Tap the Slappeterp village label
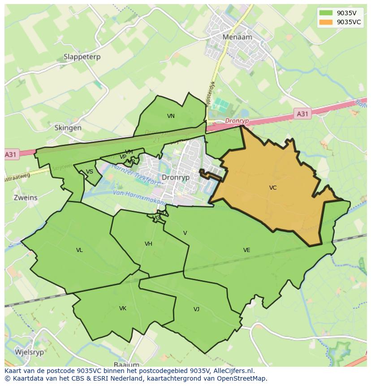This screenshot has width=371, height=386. [x=82, y=57]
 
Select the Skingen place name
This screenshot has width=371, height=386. [x=68, y=128]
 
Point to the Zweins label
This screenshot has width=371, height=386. [x=26, y=197]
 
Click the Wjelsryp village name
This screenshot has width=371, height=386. [x=30, y=352]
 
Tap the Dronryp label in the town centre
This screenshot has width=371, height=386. [x=176, y=177]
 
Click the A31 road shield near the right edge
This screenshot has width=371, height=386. [x=302, y=114]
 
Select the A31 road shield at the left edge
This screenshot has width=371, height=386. [x=11, y=155]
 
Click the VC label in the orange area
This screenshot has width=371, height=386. [x=273, y=188]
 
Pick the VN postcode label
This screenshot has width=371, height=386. [x=171, y=116]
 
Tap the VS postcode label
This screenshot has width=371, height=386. [x=90, y=172]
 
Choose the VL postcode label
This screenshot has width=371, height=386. [x=79, y=250]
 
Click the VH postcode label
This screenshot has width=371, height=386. [x=148, y=244]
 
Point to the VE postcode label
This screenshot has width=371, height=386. [x=246, y=250]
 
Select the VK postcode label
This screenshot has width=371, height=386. [x=123, y=308]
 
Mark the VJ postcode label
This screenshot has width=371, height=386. [x=196, y=309]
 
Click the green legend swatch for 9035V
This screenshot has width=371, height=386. [x=326, y=13]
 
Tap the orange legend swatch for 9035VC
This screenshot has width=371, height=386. [x=326, y=22]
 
